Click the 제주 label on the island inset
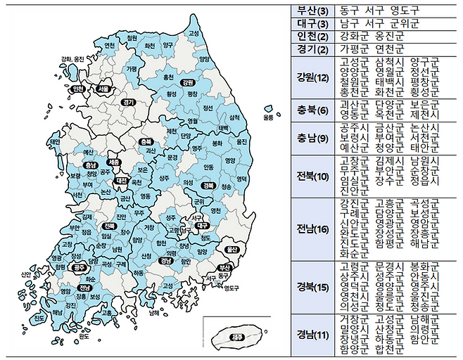click(239, 337)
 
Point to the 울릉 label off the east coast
click(268, 116)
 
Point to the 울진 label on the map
click(241, 141)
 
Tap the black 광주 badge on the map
click(79, 267)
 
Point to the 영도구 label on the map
click(232, 288)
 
